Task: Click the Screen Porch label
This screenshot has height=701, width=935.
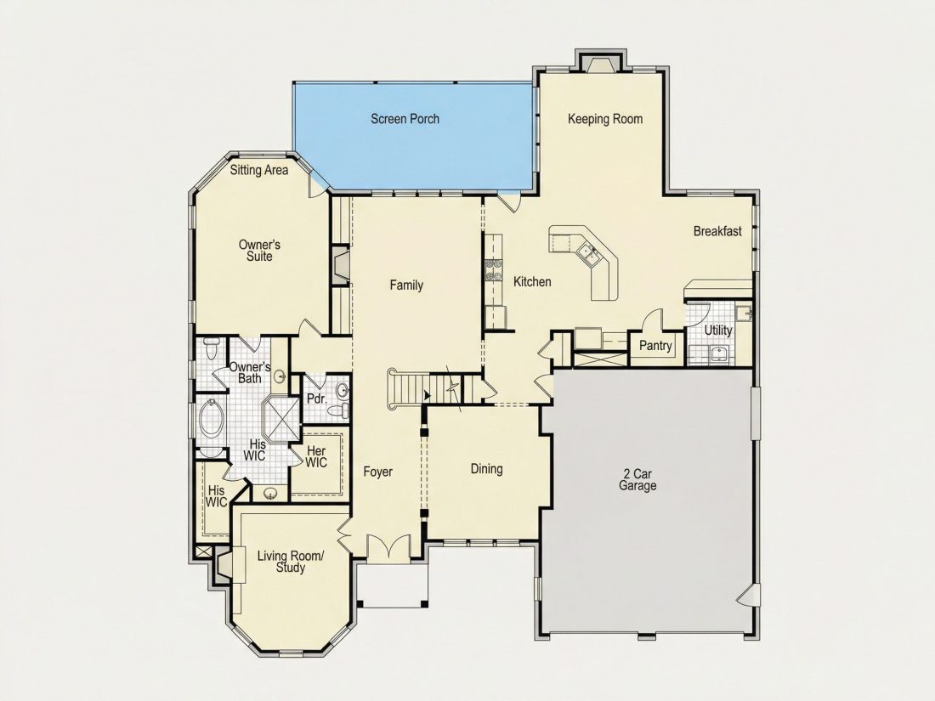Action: click(x=405, y=119)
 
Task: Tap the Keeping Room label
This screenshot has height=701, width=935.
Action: click(x=605, y=119)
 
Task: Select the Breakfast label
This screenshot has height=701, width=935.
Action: click(x=717, y=231)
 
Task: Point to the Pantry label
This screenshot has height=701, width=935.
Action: click(x=655, y=346)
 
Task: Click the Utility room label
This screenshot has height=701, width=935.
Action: click(x=718, y=331)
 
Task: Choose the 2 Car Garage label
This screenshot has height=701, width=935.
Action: click(x=637, y=480)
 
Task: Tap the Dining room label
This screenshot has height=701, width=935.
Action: click(x=486, y=469)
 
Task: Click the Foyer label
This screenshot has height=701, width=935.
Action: click(x=378, y=472)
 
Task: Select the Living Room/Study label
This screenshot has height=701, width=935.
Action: click(x=291, y=562)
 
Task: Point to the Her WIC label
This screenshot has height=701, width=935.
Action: click(x=316, y=456)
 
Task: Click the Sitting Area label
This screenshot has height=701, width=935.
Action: click(x=259, y=171)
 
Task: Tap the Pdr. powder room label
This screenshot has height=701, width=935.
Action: click(x=317, y=399)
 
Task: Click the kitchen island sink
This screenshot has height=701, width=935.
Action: click(x=588, y=252)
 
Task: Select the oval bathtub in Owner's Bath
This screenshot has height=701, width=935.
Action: click(x=211, y=418)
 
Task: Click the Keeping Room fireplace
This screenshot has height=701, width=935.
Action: click(x=600, y=62)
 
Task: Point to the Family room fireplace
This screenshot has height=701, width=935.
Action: click(x=341, y=266)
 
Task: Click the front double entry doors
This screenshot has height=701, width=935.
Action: click(x=388, y=547)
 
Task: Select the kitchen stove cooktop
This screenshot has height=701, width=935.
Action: click(x=493, y=270)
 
